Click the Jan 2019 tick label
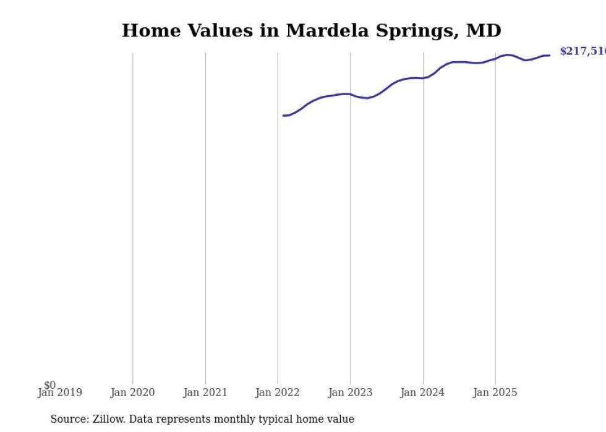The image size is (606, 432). pyautogui.click(x=60, y=393)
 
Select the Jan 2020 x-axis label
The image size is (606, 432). pyautogui.click(x=132, y=392)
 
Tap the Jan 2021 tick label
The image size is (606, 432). pyautogui.click(x=205, y=392)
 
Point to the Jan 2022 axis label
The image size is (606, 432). pyautogui.click(x=278, y=392)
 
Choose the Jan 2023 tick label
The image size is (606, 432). pyautogui.click(x=350, y=392)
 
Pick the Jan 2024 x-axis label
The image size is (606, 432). pyautogui.click(x=422, y=392)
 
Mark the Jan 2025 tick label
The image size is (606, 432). pyautogui.click(x=495, y=392)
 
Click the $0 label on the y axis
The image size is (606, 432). pyautogui.click(x=49, y=385)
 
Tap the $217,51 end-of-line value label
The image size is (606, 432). pyautogui.click(x=582, y=51)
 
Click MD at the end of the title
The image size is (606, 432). pyautogui.click(x=485, y=31)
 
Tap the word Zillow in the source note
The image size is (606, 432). pyautogui.click(x=109, y=419)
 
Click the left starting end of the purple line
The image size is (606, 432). pyautogui.click(x=283, y=116)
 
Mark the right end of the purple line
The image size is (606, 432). pyautogui.click(x=549, y=56)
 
